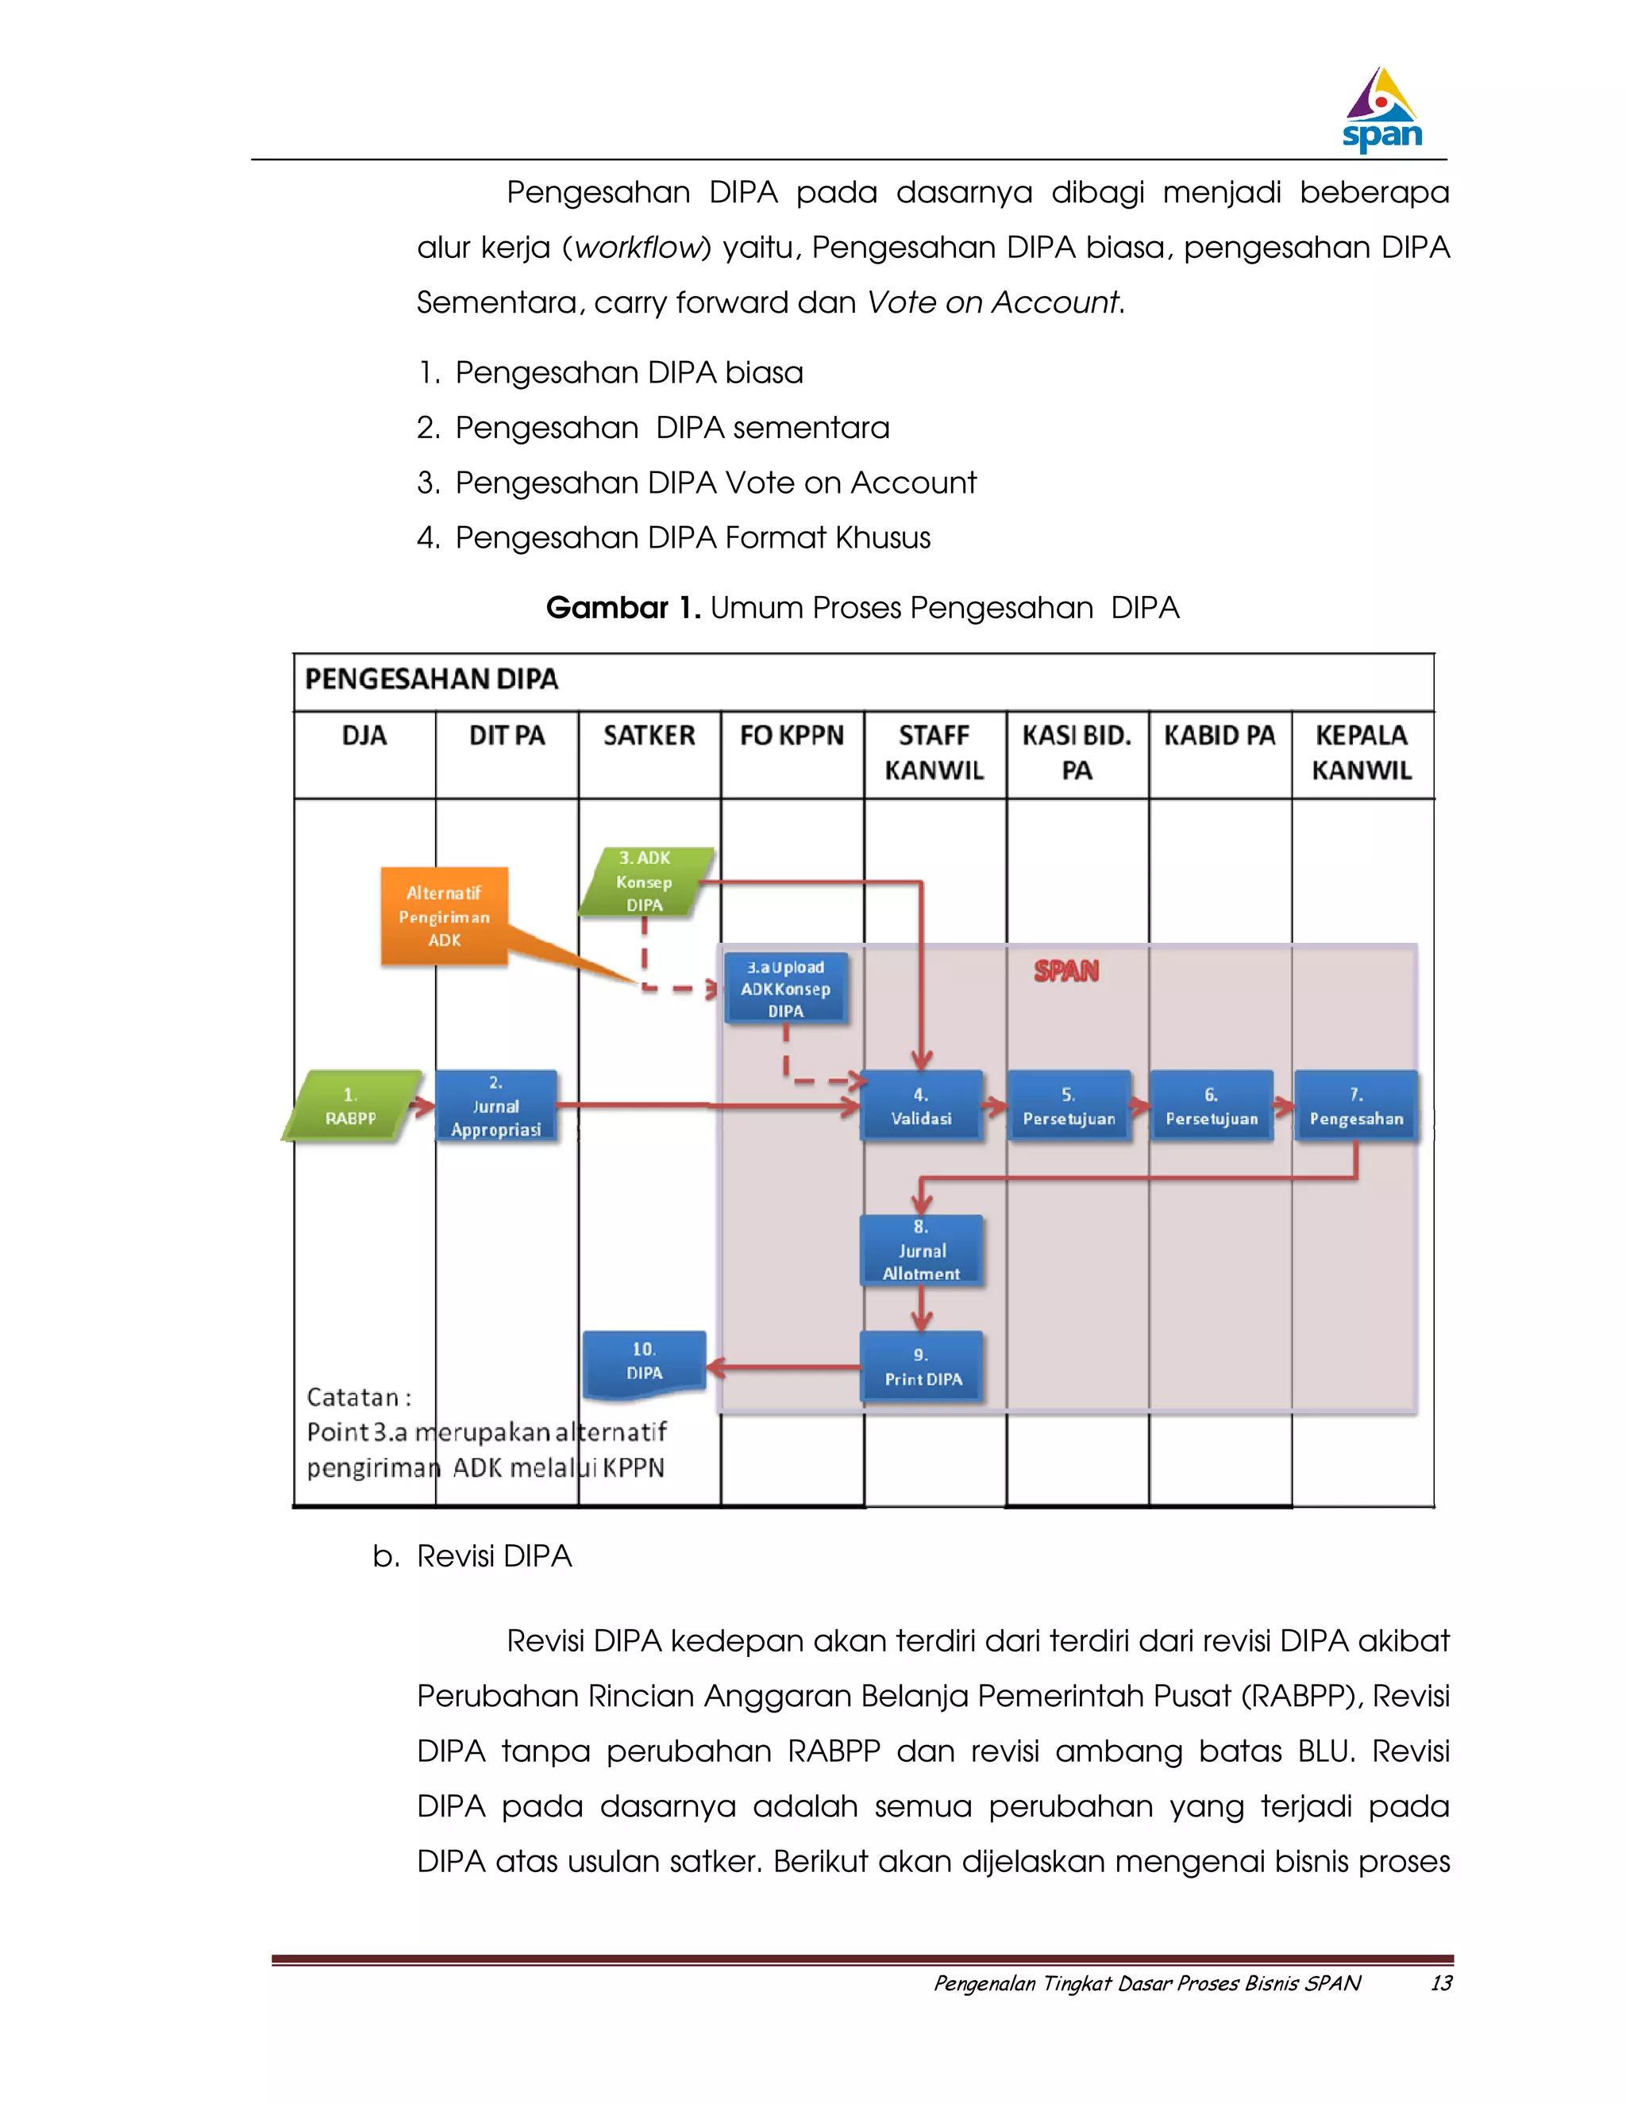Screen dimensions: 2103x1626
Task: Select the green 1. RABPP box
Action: pos(352,1106)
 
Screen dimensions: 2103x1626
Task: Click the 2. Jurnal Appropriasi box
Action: pos(496,1106)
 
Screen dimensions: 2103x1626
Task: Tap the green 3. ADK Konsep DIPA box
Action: pos(645,881)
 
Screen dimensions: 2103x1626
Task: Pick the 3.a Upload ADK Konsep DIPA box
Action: pos(786,989)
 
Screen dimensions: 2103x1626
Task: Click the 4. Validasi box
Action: pos(921,1106)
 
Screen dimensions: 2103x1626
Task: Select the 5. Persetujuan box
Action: pos(1069,1106)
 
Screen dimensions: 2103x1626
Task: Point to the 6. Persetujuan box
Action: pos(1212,1106)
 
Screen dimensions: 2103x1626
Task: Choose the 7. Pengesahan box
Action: pos(1355,1106)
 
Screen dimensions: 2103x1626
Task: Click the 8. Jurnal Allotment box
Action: pos(921,1250)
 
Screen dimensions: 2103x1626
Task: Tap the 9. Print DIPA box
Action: pos(922,1367)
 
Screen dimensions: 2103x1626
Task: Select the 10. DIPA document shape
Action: pos(645,1363)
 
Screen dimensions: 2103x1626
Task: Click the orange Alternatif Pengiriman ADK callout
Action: pos(444,916)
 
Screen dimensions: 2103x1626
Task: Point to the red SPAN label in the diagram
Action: pos(1065,971)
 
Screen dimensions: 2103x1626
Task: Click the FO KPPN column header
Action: pos(792,736)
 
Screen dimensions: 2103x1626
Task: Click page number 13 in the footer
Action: pos(1440,1982)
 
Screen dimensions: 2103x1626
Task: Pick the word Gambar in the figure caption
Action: pos(606,608)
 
